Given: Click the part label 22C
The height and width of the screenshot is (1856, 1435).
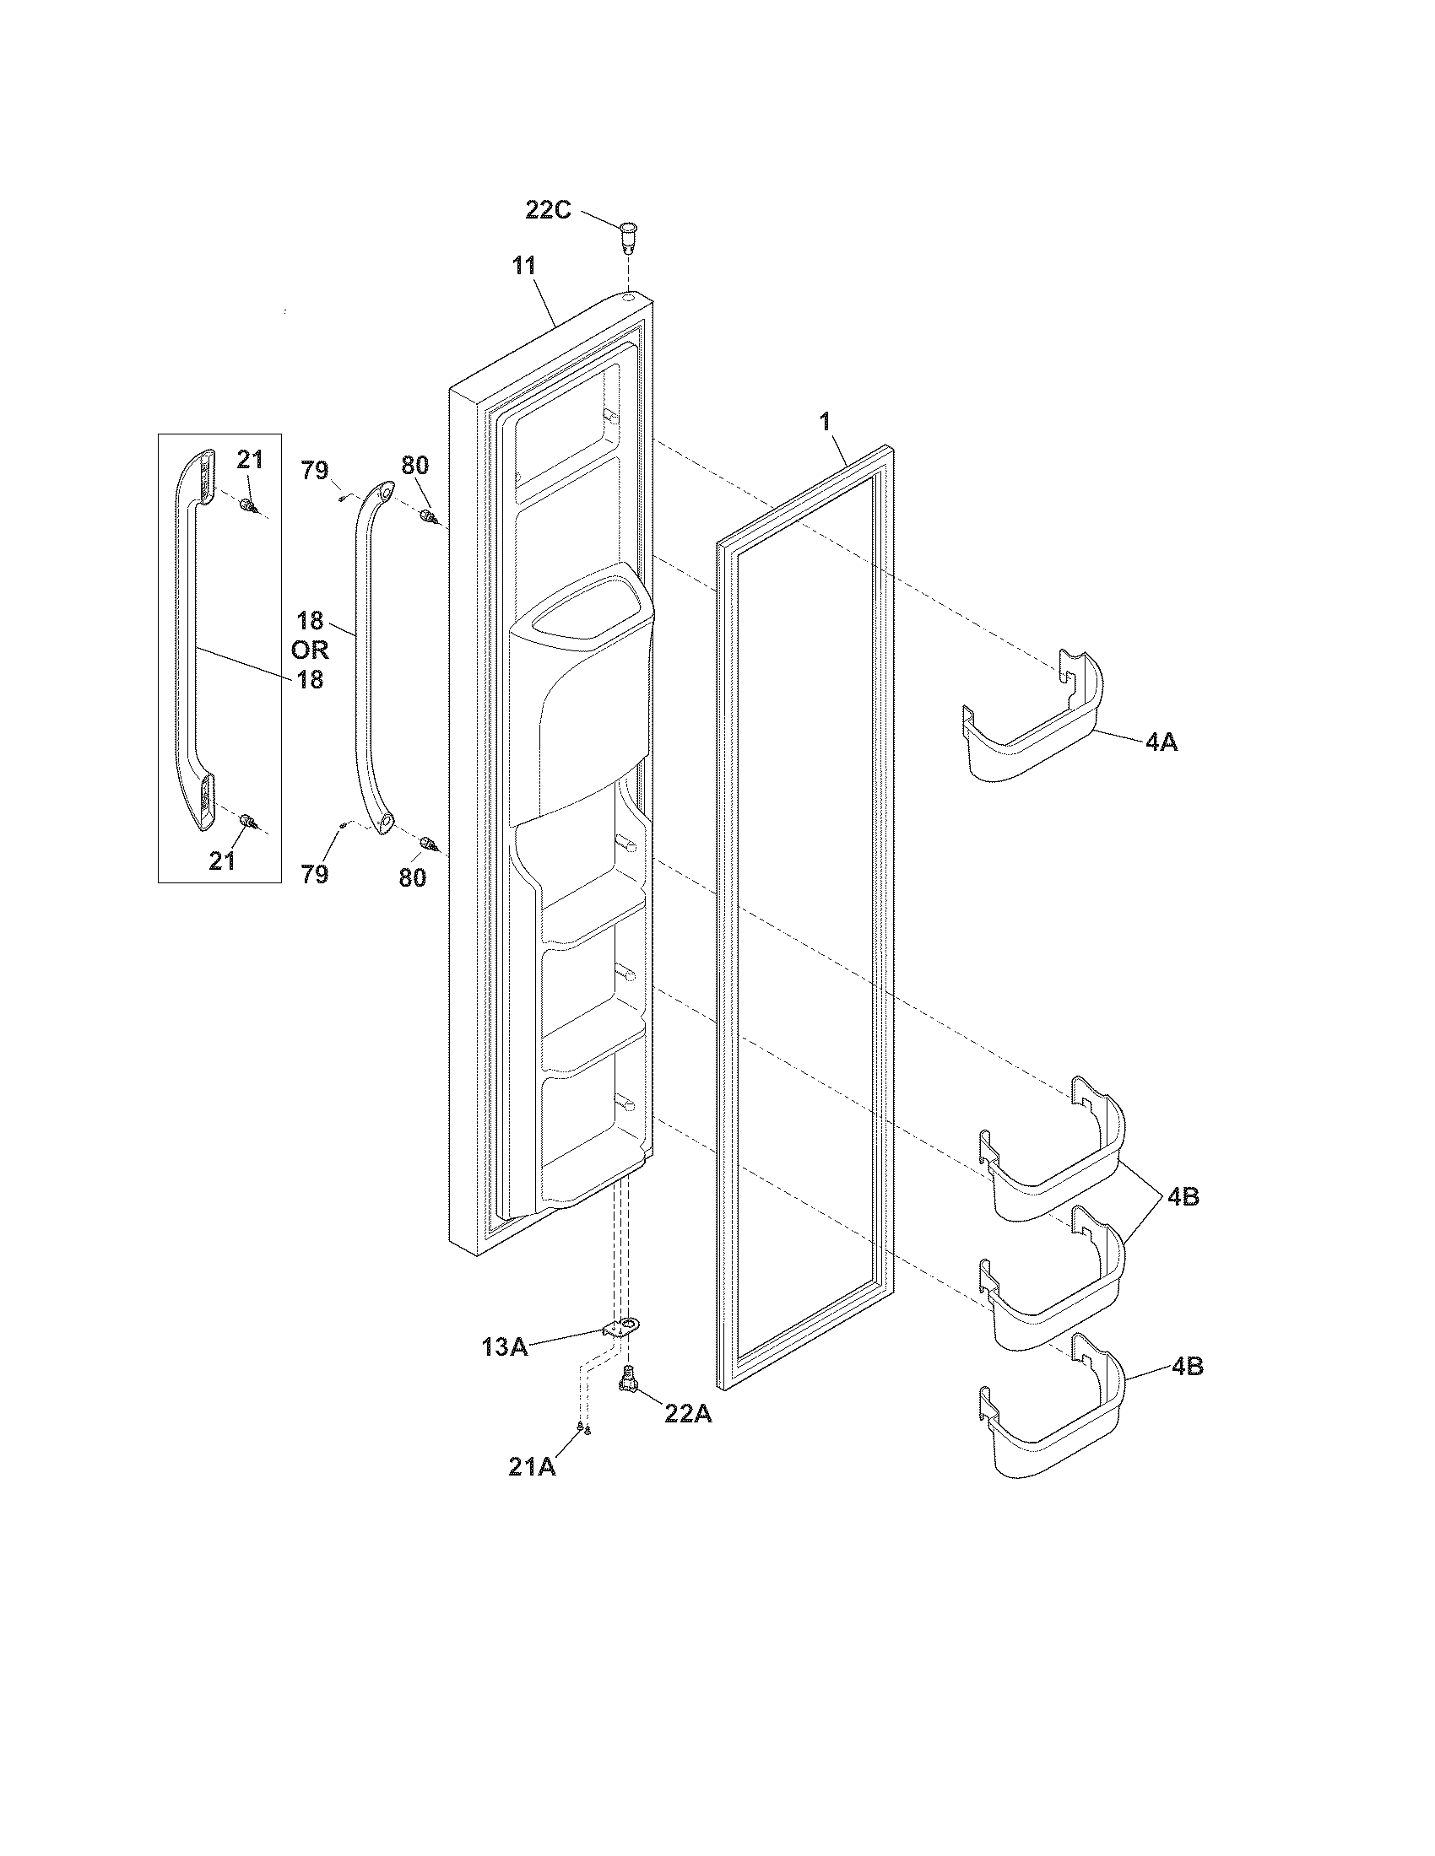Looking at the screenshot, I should tap(548, 210).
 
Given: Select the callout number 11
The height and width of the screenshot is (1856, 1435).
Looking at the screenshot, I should tap(523, 267).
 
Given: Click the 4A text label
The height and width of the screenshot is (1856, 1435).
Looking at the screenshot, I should tap(1161, 742).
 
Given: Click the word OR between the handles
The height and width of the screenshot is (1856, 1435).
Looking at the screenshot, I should tap(310, 650).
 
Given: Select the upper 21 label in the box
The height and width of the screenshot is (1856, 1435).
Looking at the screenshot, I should tap(250, 460).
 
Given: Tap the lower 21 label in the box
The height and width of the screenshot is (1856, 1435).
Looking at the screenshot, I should tap(223, 861).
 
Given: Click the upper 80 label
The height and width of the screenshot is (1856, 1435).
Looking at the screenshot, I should tap(414, 465).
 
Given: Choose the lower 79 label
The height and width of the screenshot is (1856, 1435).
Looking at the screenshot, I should tap(315, 874).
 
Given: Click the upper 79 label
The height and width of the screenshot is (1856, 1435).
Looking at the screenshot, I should tap(316, 470).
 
